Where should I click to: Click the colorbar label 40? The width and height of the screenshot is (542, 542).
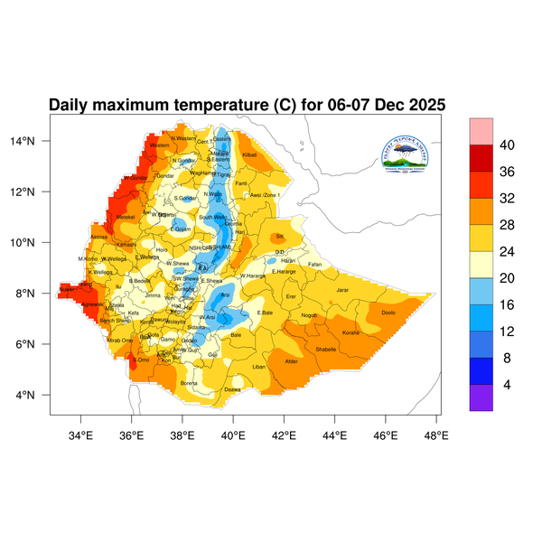(x=508, y=145)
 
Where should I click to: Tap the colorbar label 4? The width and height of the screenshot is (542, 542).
(x=508, y=384)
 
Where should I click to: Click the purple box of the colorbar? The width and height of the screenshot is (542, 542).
(x=481, y=397)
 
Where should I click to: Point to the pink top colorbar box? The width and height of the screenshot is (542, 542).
(x=481, y=130)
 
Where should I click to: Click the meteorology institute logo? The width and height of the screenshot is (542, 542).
(x=416, y=153)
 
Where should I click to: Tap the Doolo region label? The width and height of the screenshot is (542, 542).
(x=388, y=313)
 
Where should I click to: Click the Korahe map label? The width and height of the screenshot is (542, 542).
(x=351, y=333)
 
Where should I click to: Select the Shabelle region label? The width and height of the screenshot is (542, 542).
(x=325, y=349)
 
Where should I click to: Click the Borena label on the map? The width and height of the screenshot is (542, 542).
(x=190, y=382)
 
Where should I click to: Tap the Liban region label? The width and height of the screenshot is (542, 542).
(x=259, y=367)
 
